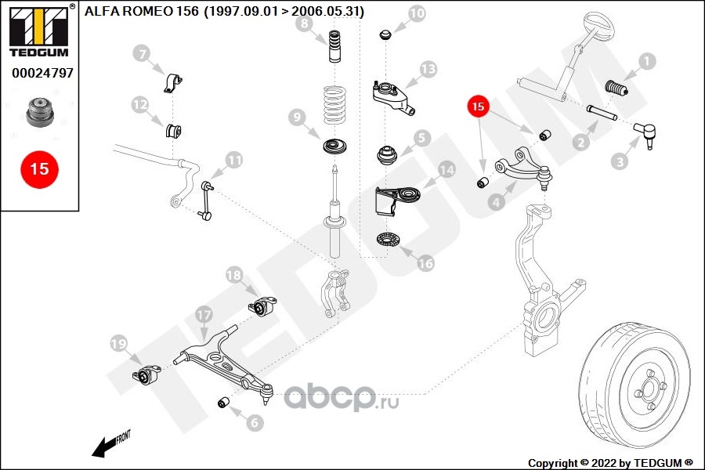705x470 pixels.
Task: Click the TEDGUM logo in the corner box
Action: (x=39, y=31)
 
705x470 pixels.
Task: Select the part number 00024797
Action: (x=42, y=73)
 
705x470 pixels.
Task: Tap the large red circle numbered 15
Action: (x=40, y=169)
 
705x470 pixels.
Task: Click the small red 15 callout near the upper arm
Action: (x=478, y=107)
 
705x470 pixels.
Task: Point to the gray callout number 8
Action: (x=305, y=23)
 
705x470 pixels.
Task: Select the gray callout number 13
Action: (x=428, y=70)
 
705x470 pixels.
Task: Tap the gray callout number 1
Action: (x=647, y=62)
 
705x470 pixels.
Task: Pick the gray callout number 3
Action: (x=620, y=161)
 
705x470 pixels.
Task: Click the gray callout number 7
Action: (x=142, y=54)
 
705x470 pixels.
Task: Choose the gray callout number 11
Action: (x=234, y=160)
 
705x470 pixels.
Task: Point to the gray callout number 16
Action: (x=425, y=263)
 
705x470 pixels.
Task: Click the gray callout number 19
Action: (x=119, y=344)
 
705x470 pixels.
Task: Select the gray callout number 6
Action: (x=255, y=422)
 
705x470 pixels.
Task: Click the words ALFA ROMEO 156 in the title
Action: (x=141, y=11)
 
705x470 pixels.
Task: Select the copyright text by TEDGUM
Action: (x=610, y=463)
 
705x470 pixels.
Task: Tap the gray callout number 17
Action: (x=204, y=315)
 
